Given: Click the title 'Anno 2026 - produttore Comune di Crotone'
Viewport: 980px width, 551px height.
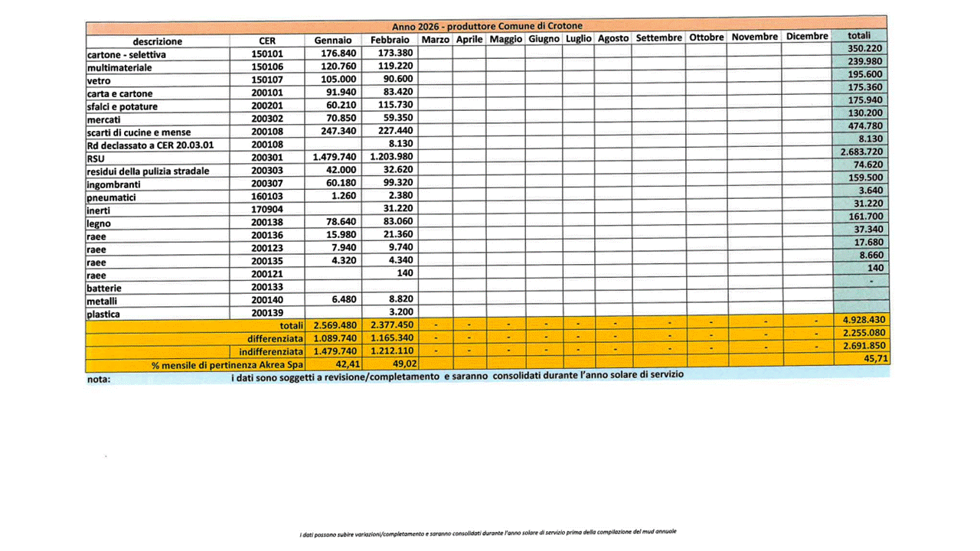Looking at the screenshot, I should [x=487, y=26].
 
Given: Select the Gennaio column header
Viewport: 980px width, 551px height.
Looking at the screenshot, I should [x=332, y=40].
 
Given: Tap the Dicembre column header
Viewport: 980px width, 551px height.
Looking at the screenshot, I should [x=806, y=37].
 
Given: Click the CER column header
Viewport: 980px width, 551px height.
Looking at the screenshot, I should [x=267, y=41].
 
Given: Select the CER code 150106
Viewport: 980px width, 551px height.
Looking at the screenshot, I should [x=267, y=67].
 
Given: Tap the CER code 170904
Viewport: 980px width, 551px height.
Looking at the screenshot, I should [x=267, y=210].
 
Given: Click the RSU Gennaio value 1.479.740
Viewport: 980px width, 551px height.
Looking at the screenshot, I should [x=335, y=158].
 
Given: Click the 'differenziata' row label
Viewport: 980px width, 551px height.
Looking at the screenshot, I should [x=276, y=339].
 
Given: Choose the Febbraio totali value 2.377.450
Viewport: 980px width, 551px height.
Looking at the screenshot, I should [x=391, y=325].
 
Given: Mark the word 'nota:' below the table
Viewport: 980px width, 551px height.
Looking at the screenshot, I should [x=99, y=378].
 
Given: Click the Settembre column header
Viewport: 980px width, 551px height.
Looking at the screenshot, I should [x=658, y=37].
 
